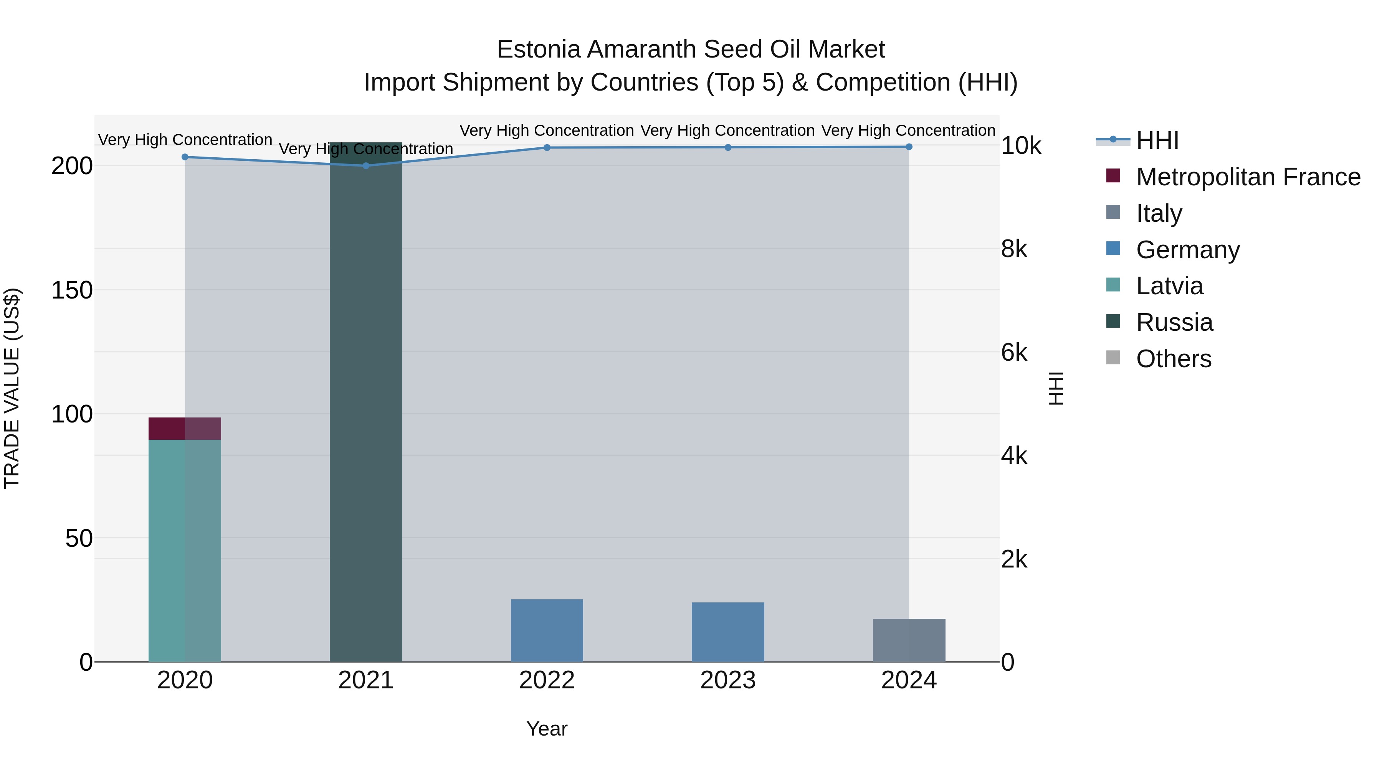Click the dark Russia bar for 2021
pyautogui.click(x=365, y=407)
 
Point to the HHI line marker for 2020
pyautogui.click(x=185, y=157)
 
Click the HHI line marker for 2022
pyautogui.click(x=547, y=147)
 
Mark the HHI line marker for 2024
pyautogui.click(x=909, y=147)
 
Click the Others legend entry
pyautogui.click(x=1173, y=359)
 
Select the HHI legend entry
pyautogui.click(x=1157, y=140)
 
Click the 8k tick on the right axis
pyautogui.click(x=1014, y=249)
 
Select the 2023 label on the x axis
pyautogui.click(x=727, y=680)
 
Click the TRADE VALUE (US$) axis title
pyautogui.click(x=12, y=388)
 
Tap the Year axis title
pyautogui.click(x=547, y=729)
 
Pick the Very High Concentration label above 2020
pyautogui.click(x=185, y=139)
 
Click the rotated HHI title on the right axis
pyautogui.click(x=1055, y=388)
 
